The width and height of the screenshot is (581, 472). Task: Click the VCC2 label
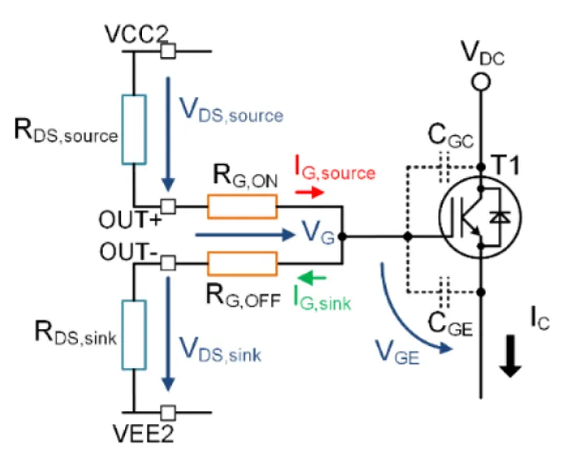coord(137,34)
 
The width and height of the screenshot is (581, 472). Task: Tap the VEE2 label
coord(143,434)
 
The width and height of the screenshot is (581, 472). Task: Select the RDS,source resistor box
coord(134,130)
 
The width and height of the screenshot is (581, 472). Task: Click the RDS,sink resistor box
coord(134,335)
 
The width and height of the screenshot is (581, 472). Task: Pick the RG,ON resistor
coord(242,206)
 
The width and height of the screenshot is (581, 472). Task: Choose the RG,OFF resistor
coord(242,263)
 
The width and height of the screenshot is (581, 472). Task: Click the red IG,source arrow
coord(309,192)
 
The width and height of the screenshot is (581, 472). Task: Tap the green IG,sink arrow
coord(312,277)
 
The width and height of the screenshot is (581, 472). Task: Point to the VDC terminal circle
coord(481,82)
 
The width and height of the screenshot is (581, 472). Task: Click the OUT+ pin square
coord(168,206)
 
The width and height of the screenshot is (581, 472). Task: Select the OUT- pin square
coord(168,263)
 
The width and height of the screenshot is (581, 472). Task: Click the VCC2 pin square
coord(168,51)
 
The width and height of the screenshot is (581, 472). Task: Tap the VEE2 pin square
coord(168,413)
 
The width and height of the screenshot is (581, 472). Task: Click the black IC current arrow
coord(511,356)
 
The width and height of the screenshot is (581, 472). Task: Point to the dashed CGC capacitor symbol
coord(444,167)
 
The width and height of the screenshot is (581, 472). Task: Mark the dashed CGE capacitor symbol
coord(444,292)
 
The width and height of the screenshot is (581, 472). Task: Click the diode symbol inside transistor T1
coord(500,217)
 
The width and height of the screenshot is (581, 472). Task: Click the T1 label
coord(505,165)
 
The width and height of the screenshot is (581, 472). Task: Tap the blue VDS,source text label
coord(231,110)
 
